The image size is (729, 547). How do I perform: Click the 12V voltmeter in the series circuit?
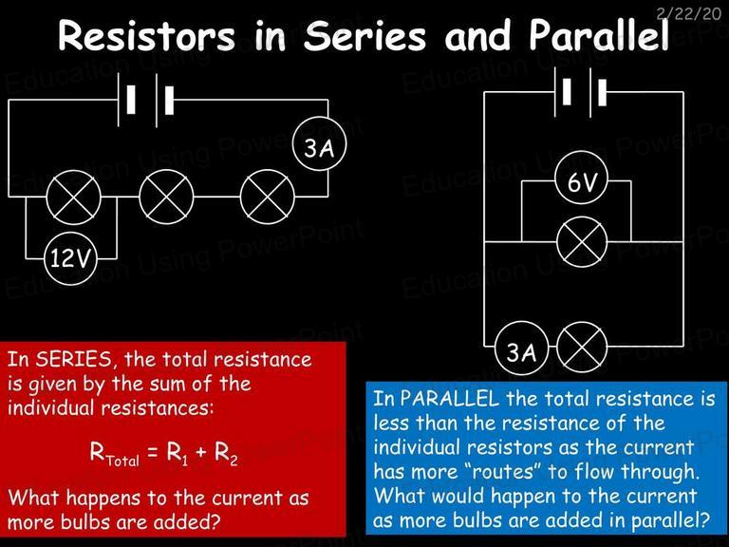[70, 258]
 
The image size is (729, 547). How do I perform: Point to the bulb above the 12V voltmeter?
[74, 197]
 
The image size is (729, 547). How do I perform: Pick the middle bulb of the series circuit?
[166, 197]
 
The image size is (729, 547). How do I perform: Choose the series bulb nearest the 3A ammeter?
[268, 197]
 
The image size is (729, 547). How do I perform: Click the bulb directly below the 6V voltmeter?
[582, 241]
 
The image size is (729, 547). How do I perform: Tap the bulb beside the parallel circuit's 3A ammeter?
[582, 347]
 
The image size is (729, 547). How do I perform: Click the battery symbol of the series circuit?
[145, 100]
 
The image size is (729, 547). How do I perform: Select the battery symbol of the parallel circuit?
[580, 92]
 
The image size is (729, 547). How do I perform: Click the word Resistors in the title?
[146, 36]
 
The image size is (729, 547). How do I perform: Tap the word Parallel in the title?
[599, 35]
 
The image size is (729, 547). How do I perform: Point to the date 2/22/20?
[688, 13]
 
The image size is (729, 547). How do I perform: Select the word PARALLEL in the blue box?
[449, 399]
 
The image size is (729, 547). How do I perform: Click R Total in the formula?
[114, 453]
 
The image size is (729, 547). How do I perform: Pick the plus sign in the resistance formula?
[201, 451]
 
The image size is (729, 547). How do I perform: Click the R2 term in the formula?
[227, 453]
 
